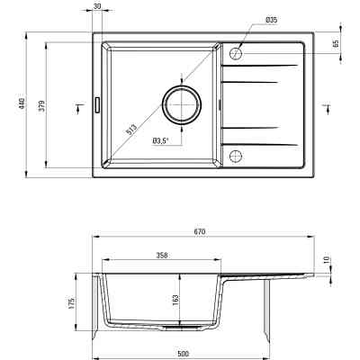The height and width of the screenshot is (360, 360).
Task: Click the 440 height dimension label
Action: click(x=22, y=103)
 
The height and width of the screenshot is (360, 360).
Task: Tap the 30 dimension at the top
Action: click(x=97, y=5)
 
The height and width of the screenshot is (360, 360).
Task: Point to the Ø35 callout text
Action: click(x=271, y=20)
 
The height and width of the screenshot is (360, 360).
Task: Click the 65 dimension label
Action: click(x=336, y=43)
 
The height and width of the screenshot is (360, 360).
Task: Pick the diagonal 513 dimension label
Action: click(x=130, y=130)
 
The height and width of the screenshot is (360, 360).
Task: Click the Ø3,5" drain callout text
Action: click(x=161, y=140)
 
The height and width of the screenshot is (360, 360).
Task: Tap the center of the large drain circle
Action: click(x=182, y=104)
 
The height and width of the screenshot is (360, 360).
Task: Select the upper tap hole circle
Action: click(x=236, y=54)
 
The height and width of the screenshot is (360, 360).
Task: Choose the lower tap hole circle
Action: click(x=236, y=157)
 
